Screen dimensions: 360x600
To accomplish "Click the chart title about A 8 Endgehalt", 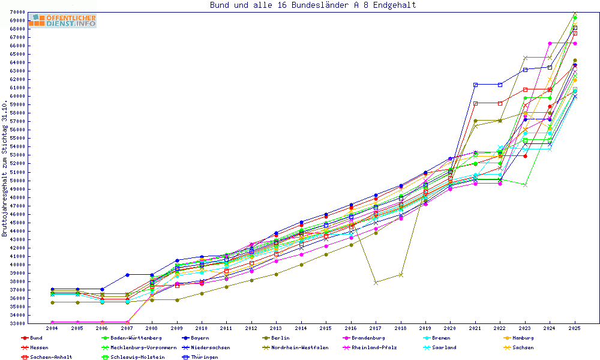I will tap(313, 5).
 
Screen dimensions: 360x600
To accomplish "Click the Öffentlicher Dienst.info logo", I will tap(62, 20).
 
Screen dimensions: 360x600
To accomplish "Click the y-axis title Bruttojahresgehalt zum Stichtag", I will tap(5, 168).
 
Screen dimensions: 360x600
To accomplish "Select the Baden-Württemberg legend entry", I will tap(132, 338).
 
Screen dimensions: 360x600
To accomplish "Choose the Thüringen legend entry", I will tap(206, 357).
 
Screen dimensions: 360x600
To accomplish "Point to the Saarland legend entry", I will tap(444, 347).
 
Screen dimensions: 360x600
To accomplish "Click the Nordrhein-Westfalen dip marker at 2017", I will tap(376, 282).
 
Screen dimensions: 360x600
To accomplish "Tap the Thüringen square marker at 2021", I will tap(475, 85).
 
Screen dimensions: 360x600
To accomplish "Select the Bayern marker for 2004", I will tap(52, 289).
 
